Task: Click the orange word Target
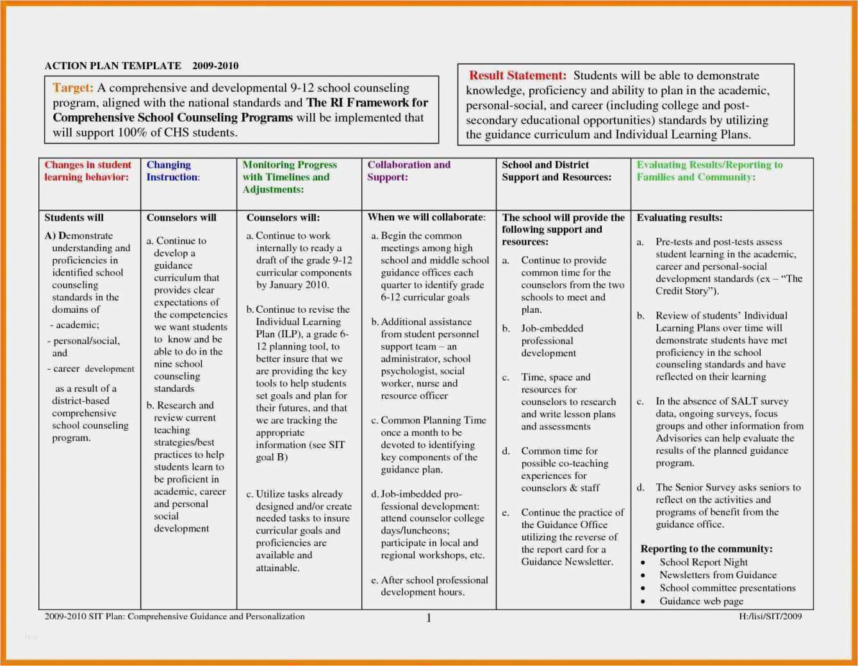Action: click(x=72, y=88)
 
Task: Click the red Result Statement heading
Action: click(x=517, y=76)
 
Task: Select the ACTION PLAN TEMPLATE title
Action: click(x=113, y=65)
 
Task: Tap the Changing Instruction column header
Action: click(x=172, y=171)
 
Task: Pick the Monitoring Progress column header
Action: click(x=289, y=177)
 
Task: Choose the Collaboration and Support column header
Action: click(x=408, y=171)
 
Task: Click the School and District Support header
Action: click(x=556, y=171)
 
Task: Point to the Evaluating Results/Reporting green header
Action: click(x=709, y=171)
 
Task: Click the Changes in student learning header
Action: click(x=87, y=171)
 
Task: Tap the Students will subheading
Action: click(x=74, y=218)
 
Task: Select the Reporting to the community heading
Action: click(x=706, y=549)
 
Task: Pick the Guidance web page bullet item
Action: click(x=701, y=601)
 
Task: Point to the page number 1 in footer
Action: click(x=429, y=618)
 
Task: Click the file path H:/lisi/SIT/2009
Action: click(x=770, y=617)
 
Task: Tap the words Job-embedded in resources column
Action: click(x=552, y=328)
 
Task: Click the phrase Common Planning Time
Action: click(x=433, y=420)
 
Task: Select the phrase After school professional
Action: click(x=434, y=580)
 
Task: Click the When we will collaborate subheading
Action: click(x=426, y=217)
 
